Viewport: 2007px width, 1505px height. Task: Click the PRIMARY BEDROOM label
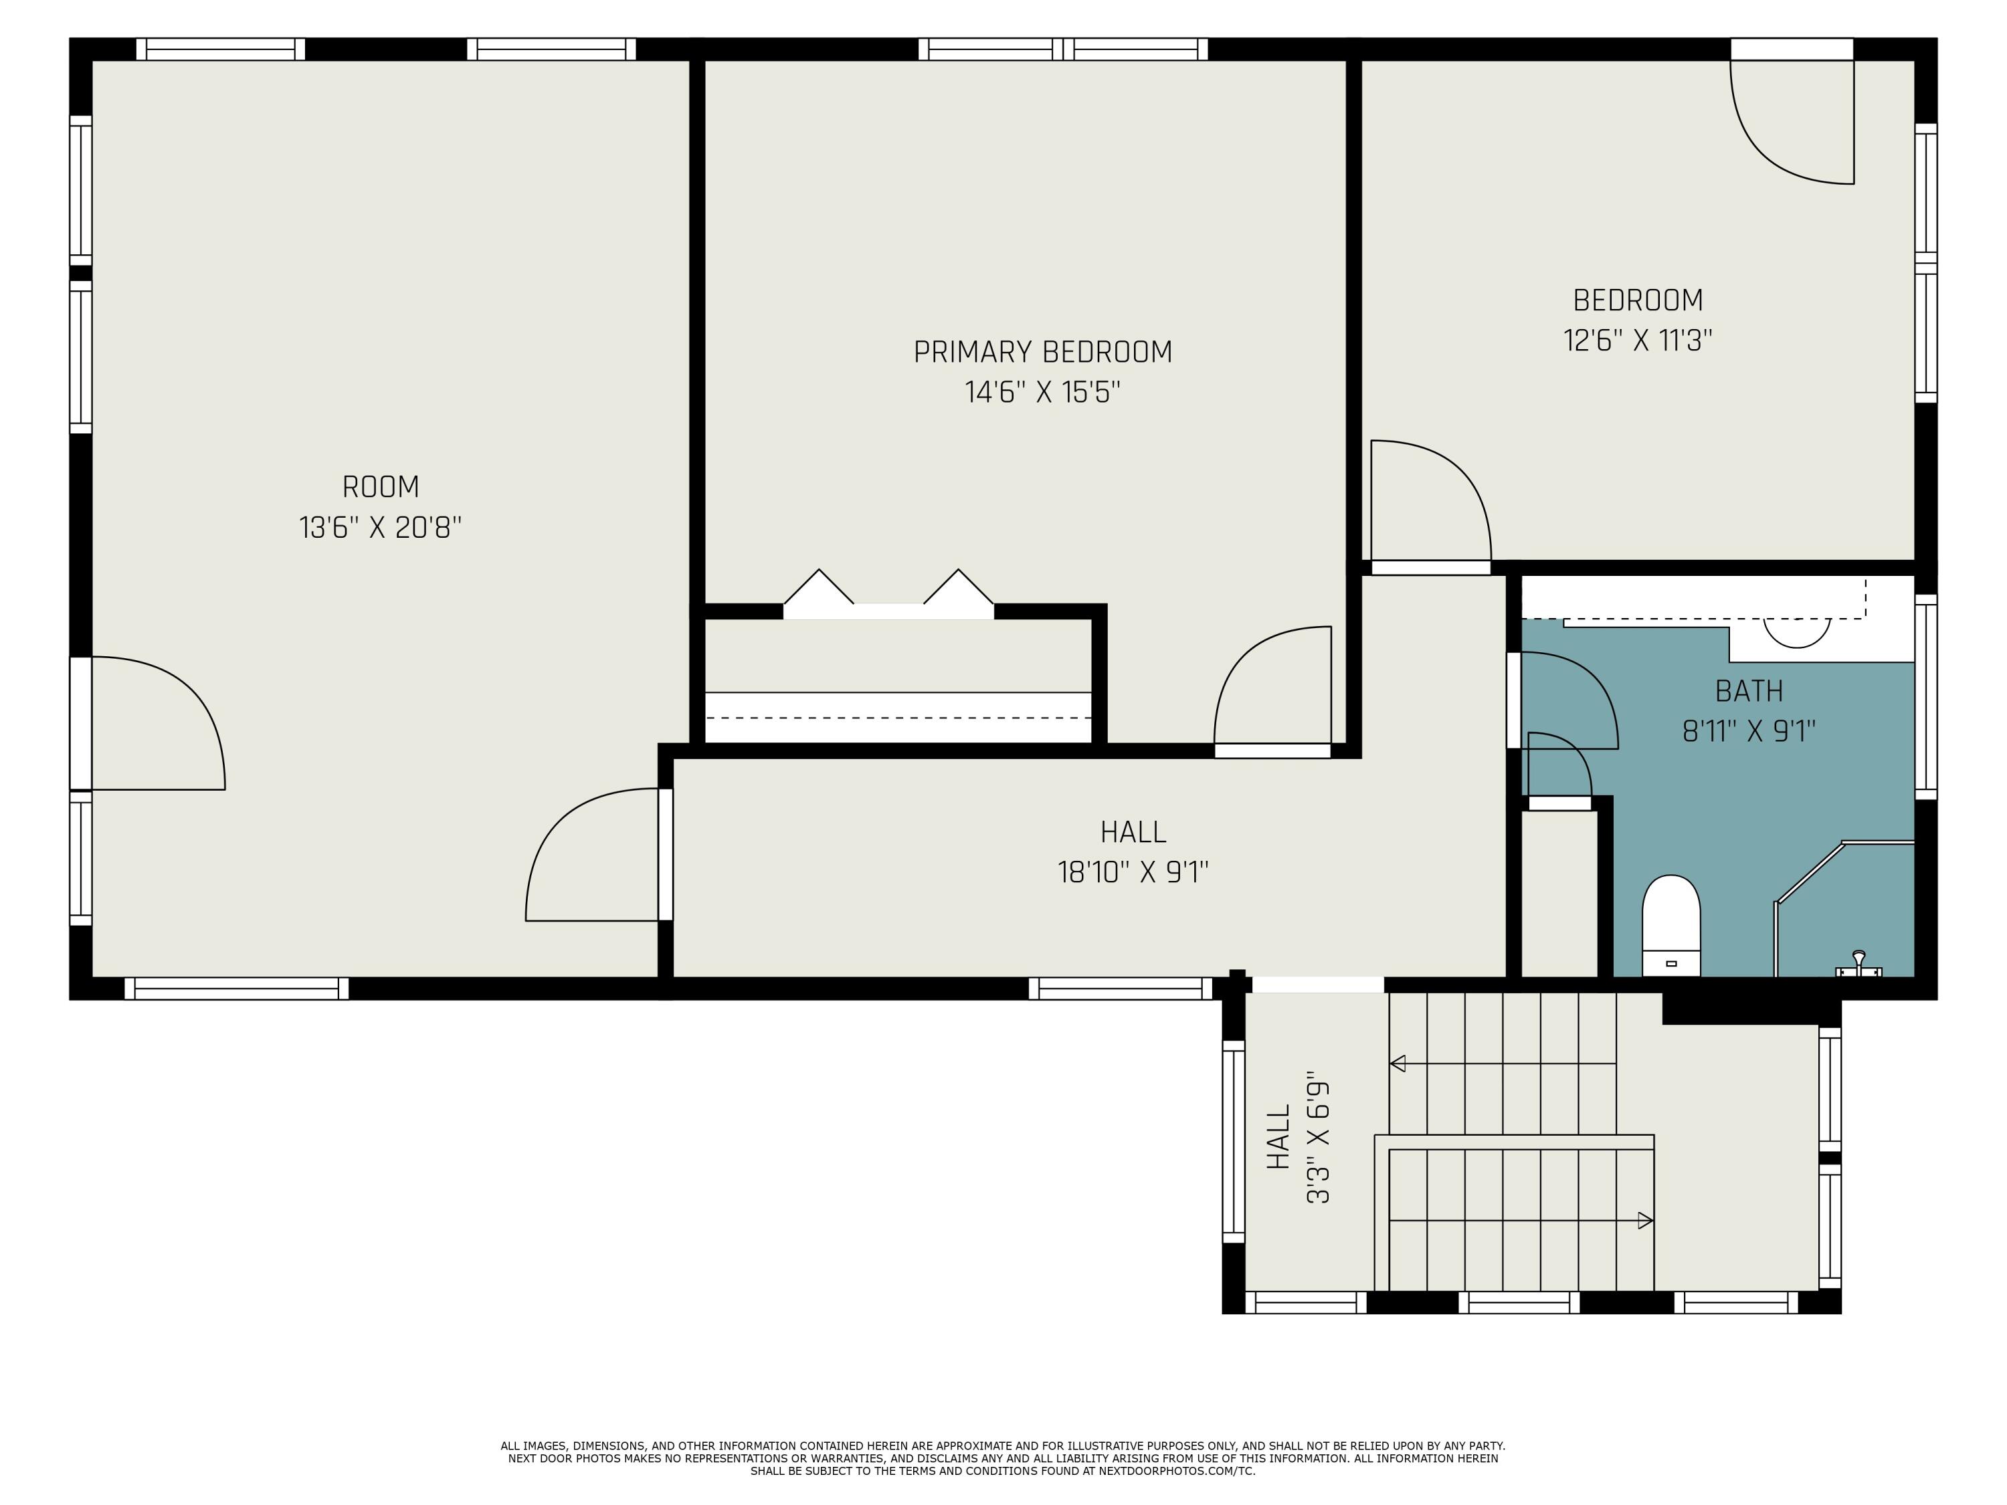coord(1042,352)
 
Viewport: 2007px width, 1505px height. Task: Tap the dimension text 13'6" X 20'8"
coord(380,527)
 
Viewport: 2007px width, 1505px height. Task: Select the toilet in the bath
coord(1670,924)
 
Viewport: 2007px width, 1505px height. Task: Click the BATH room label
coord(1748,691)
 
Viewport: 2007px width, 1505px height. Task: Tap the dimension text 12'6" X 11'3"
coord(1637,340)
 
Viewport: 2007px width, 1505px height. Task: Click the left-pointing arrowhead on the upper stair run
coord(1398,1064)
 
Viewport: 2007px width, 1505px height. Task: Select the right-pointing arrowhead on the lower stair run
coord(1644,1221)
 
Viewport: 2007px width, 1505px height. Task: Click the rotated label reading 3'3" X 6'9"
coord(1317,1142)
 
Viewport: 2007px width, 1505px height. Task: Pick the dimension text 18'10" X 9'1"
coord(1133,873)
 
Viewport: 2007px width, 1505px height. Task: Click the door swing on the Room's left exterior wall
coord(155,721)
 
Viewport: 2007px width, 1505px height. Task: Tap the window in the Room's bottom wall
coord(236,989)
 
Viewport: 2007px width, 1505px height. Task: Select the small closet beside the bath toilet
coord(1559,894)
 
